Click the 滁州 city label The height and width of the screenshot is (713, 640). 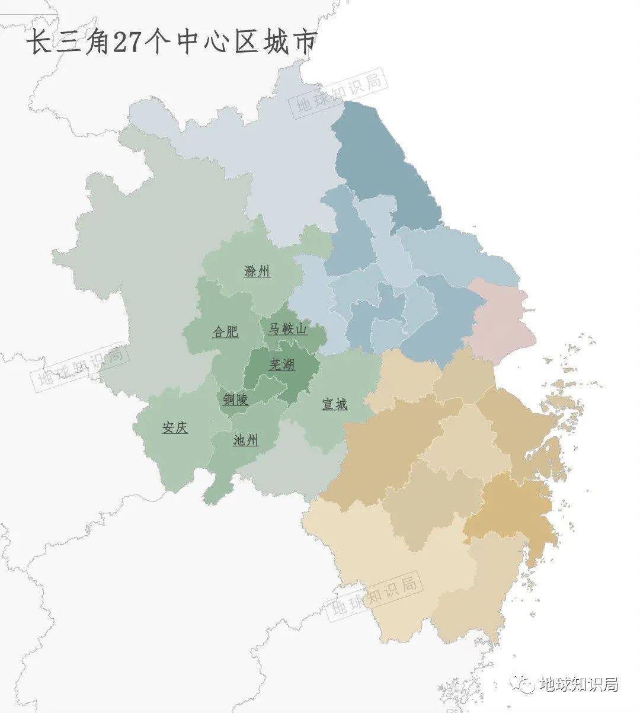(257, 271)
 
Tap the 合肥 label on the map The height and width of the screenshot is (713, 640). (226, 331)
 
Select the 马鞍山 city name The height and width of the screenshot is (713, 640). (287, 328)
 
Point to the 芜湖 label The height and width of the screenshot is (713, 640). (282, 364)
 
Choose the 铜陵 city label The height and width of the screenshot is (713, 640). (235, 399)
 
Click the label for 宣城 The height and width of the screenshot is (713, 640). (334, 404)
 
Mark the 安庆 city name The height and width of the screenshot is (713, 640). (175, 427)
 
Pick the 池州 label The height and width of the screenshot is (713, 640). (246, 440)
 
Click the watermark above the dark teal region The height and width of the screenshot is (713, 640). (338, 92)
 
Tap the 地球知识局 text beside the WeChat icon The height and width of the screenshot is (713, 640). (579, 685)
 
